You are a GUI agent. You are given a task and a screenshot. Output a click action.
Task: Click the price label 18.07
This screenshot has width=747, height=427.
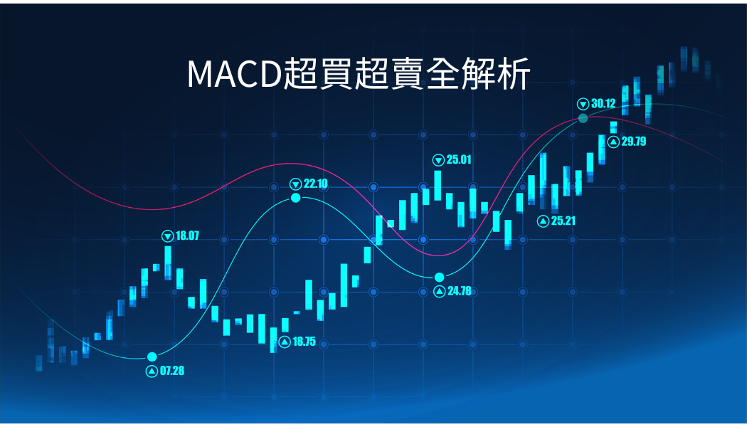click(187, 236)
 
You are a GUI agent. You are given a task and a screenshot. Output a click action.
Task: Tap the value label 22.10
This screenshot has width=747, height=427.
click(316, 184)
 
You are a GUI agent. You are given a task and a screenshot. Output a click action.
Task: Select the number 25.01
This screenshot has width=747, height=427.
click(459, 159)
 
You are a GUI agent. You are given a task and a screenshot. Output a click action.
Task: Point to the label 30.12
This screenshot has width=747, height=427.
click(603, 103)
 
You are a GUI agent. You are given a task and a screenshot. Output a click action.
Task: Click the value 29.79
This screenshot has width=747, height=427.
click(634, 142)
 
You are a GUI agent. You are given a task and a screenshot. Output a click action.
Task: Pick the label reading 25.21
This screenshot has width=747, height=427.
click(563, 221)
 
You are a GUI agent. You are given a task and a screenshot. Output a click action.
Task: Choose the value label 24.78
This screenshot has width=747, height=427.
click(460, 290)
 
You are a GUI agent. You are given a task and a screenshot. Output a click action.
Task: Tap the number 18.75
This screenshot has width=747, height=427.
click(304, 342)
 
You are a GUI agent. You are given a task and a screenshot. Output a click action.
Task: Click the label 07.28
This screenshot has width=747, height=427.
click(172, 371)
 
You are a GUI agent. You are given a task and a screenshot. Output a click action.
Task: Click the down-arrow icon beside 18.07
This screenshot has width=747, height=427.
click(168, 236)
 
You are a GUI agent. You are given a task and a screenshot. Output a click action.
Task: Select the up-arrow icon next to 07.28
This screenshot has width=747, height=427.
click(152, 371)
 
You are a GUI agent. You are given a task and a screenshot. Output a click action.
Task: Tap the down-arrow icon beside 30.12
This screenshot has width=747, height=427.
click(583, 104)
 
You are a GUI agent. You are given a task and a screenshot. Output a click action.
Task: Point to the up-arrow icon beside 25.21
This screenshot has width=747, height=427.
click(543, 221)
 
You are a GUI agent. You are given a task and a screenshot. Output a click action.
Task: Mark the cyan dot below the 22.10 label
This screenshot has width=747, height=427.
click(296, 198)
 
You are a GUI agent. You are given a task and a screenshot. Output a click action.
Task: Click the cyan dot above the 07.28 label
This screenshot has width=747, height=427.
click(152, 357)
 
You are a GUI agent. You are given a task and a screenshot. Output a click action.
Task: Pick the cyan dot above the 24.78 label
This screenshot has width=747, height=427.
click(439, 278)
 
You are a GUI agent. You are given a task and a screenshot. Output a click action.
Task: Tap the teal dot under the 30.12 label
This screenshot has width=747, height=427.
click(583, 118)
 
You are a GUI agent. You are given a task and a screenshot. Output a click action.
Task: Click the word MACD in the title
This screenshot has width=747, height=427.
click(234, 74)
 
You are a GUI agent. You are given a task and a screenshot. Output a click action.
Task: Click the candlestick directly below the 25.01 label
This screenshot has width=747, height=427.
click(438, 185)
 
